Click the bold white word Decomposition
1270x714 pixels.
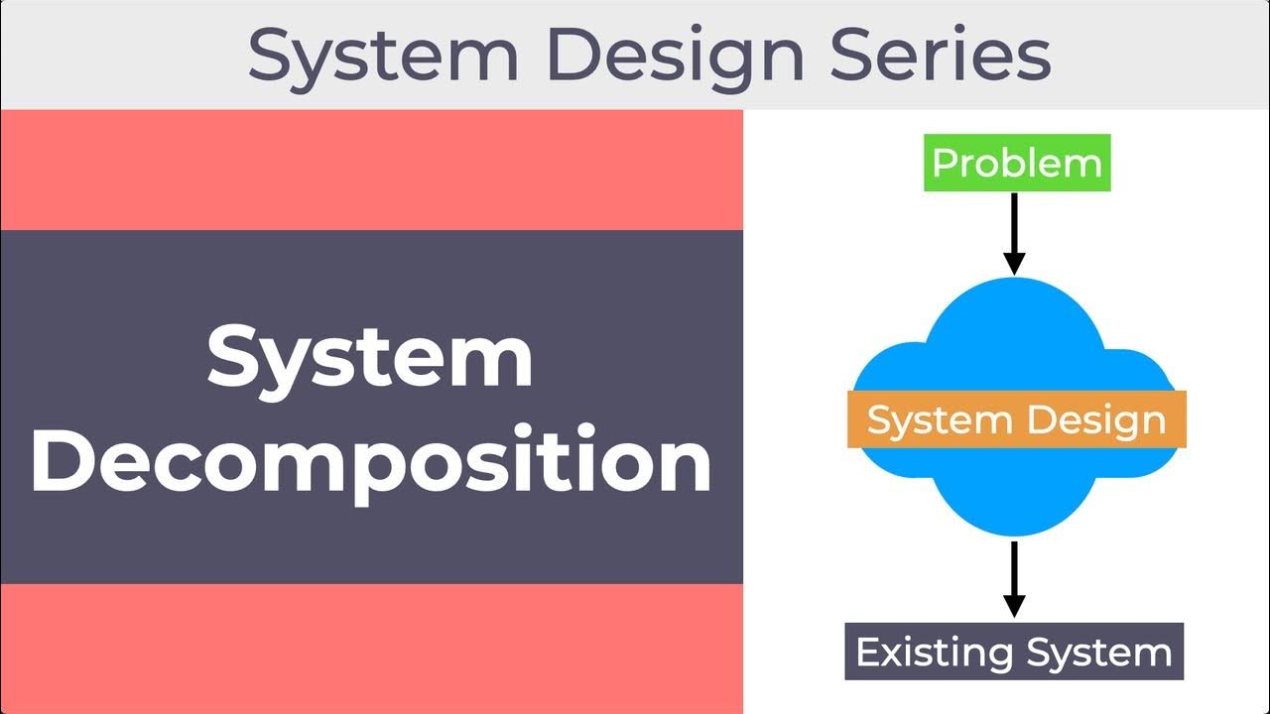[371, 461]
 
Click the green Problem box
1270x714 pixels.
[1017, 163]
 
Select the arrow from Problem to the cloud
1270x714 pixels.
[1013, 232]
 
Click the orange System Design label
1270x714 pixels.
[1017, 419]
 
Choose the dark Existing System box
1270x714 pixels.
[1014, 652]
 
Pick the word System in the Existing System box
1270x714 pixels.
[1098, 653]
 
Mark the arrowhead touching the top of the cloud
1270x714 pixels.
[1013, 263]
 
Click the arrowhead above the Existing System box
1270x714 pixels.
[1013, 605]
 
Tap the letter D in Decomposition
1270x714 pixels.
[62, 461]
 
